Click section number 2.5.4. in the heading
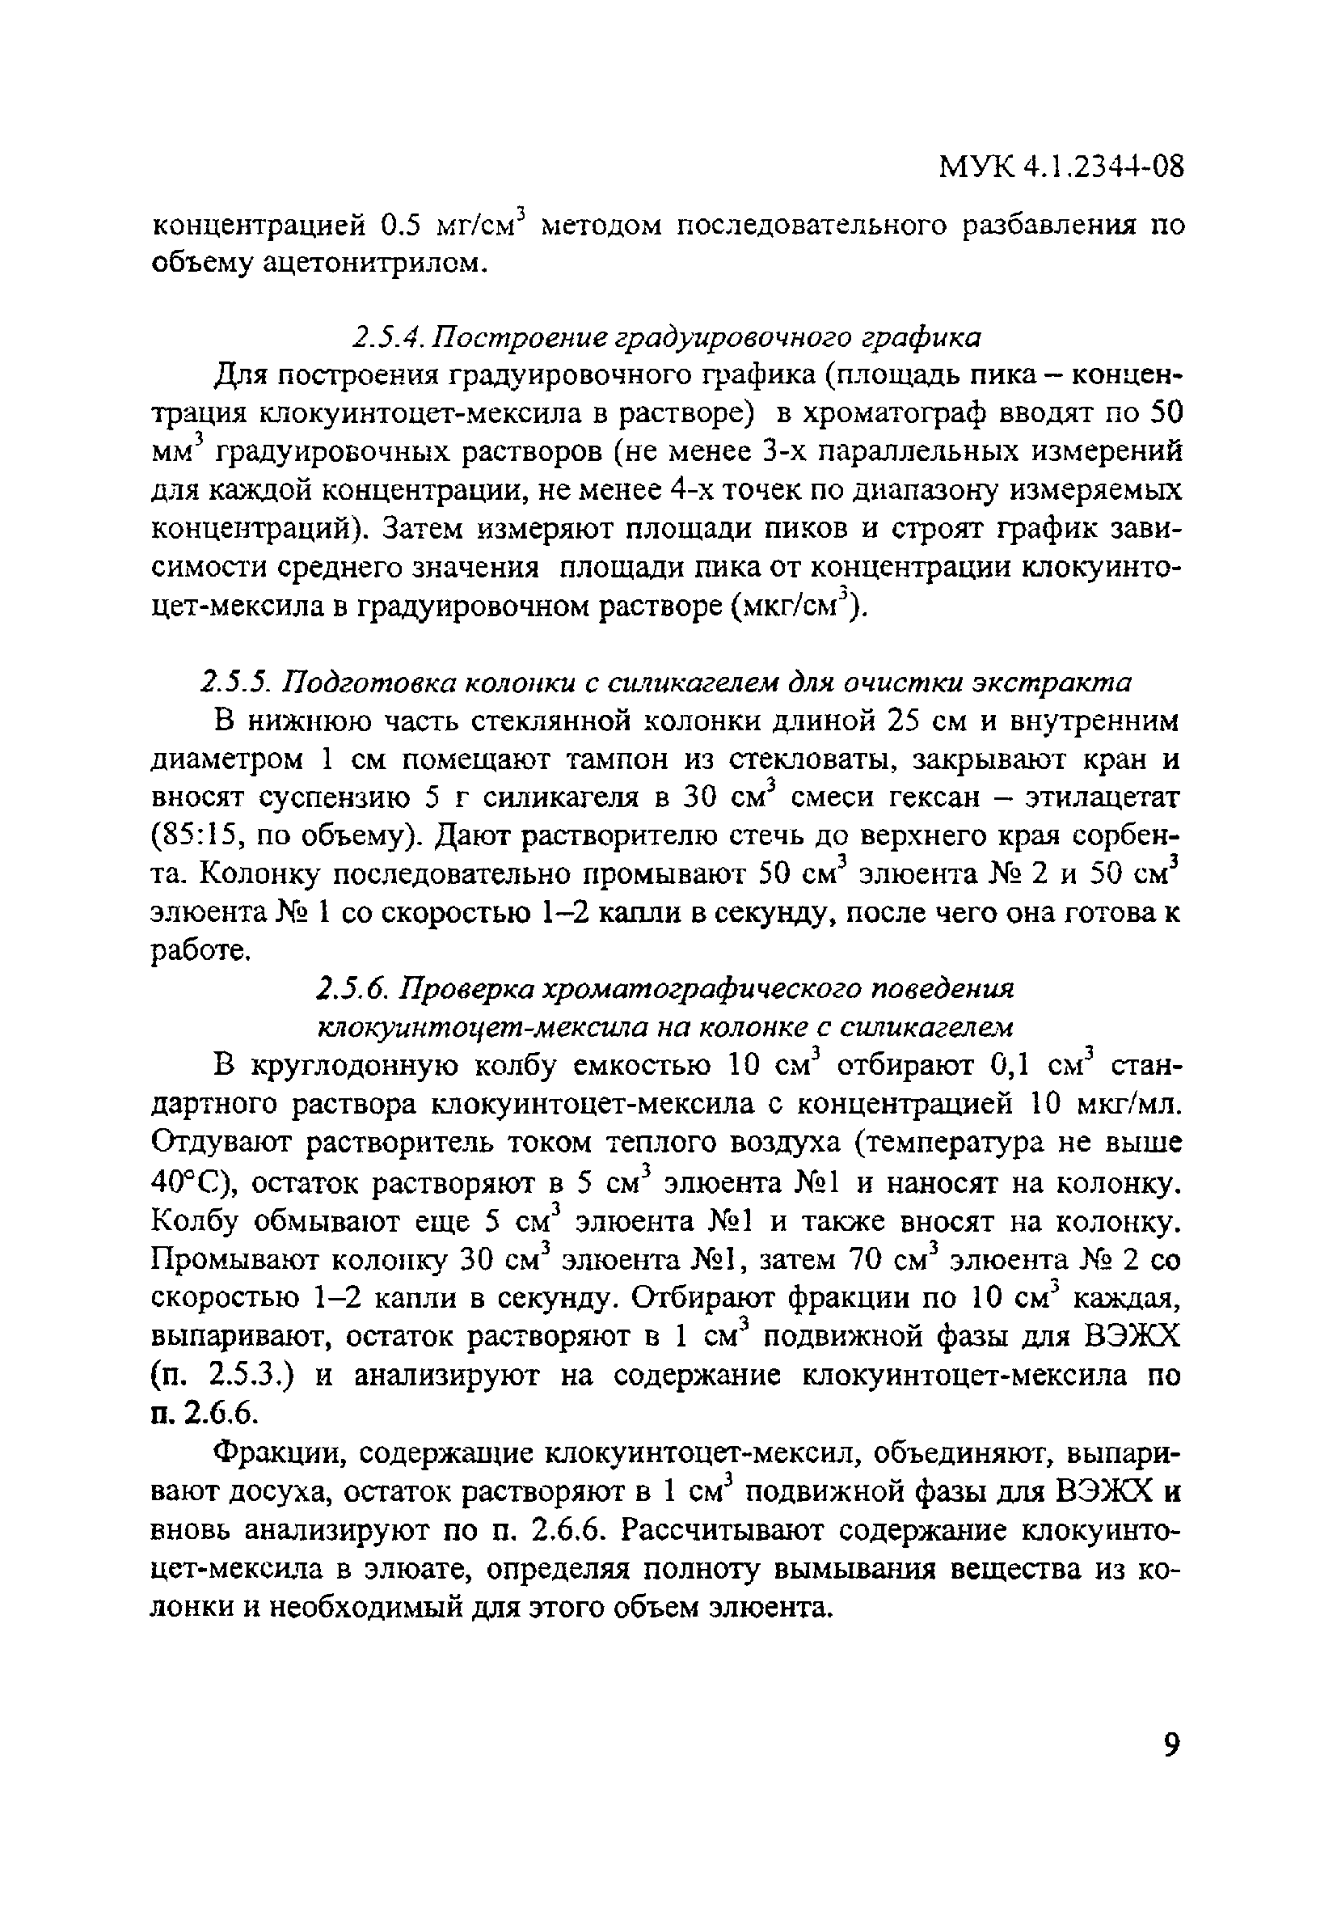tap(389, 337)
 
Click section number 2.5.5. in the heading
tap(238, 682)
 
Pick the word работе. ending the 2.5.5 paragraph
tap(200, 951)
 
